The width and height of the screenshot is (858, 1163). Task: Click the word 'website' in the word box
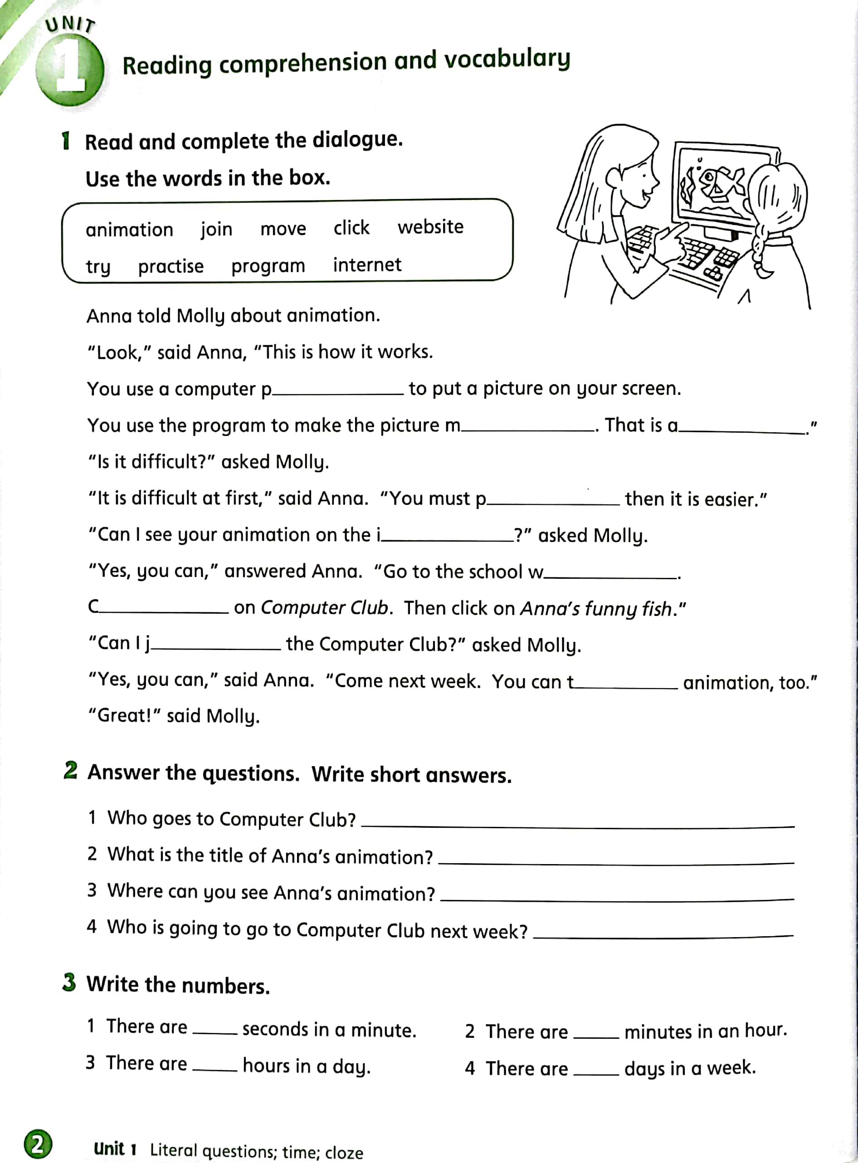(430, 227)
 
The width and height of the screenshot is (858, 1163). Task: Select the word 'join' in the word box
(217, 229)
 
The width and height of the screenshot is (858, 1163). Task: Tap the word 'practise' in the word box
(171, 266)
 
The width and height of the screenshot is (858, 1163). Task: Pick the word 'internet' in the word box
(367, 265)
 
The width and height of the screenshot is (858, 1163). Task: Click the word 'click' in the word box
(351, 228)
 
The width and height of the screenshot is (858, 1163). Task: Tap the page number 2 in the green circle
(37, 1144)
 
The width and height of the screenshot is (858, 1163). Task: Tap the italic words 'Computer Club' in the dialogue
(324, 607)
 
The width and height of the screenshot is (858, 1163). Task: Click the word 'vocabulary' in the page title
(507, 60)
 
